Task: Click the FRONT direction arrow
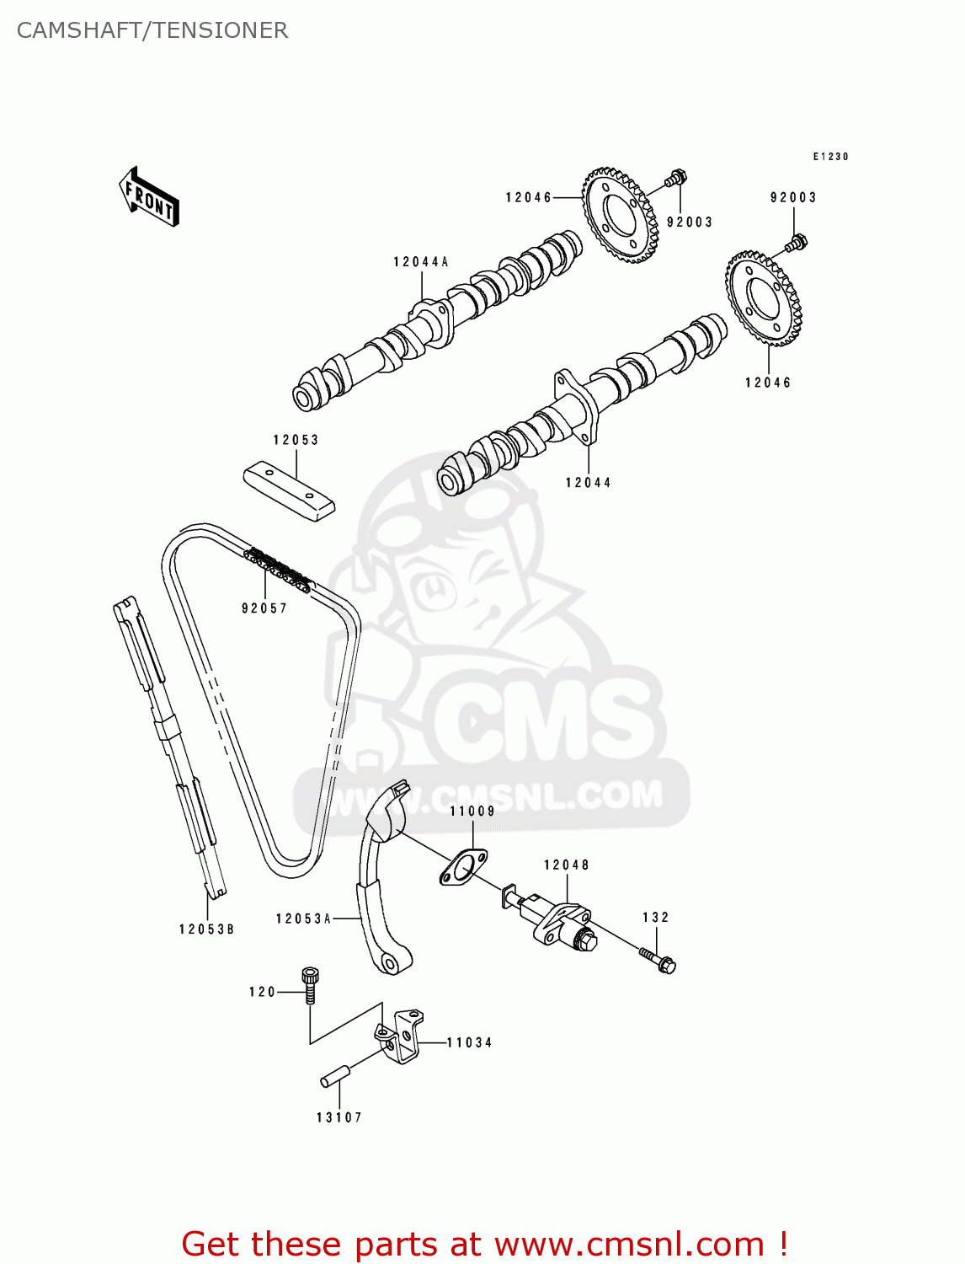150,198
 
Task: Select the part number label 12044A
420,262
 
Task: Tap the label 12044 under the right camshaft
588,483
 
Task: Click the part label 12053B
206,929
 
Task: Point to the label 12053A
303,919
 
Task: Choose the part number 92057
264,608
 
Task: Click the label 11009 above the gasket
472,811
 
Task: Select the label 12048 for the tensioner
567,865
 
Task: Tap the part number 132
656,918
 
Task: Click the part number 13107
339,1117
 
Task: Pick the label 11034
469,1042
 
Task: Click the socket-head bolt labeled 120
310,984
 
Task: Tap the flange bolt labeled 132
658,960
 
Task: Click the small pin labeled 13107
335,1076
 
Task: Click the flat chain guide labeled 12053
289,490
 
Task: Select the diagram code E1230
830,157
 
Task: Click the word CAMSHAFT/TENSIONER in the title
152,30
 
